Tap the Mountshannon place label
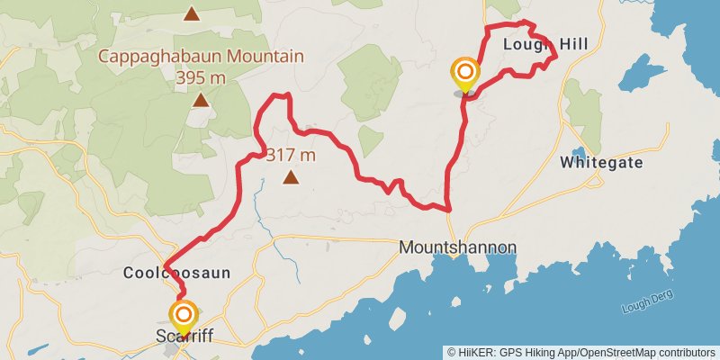coord(457,247)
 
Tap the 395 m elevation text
coord(200,77)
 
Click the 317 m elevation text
coord(290,155)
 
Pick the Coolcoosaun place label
coord(176,272)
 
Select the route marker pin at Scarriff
coord(184,316)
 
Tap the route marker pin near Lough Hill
coord(465,73)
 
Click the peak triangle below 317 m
coord(290,177)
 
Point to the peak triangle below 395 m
coord(200,101)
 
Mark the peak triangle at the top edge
coord(191,13)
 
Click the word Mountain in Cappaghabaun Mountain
coord(267,57)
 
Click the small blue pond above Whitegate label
coord(578,152)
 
